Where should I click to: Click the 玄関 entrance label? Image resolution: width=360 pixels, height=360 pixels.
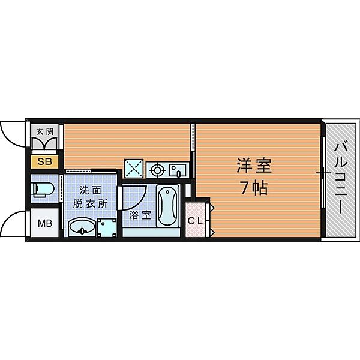pyautogui.click(x=44, y=131)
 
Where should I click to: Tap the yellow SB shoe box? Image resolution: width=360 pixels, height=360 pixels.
pyautogui.click(x=45, y=161)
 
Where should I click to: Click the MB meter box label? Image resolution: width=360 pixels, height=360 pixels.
pyautogui.click(x=45, y=224)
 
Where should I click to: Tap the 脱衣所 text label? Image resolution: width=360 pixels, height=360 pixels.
pyautogui.click(x=90, y=203)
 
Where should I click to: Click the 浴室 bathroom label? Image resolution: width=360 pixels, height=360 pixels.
pyautogui.click(x=137, y=214)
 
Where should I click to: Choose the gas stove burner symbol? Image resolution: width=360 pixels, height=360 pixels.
pyautogui.click(x=157, y=170)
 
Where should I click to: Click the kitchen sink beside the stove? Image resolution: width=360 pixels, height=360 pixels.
pyautogui.click(x=178, y=170)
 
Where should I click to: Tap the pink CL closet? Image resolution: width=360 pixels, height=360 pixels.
pyautogui.click(x=195, y=220)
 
